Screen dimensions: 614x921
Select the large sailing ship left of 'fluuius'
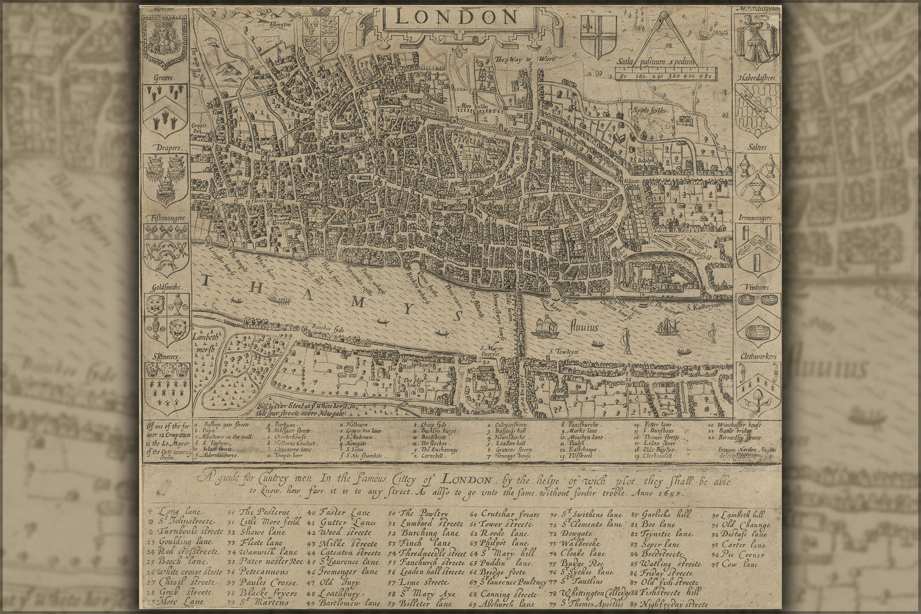546,327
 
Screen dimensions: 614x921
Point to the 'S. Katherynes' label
707,306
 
